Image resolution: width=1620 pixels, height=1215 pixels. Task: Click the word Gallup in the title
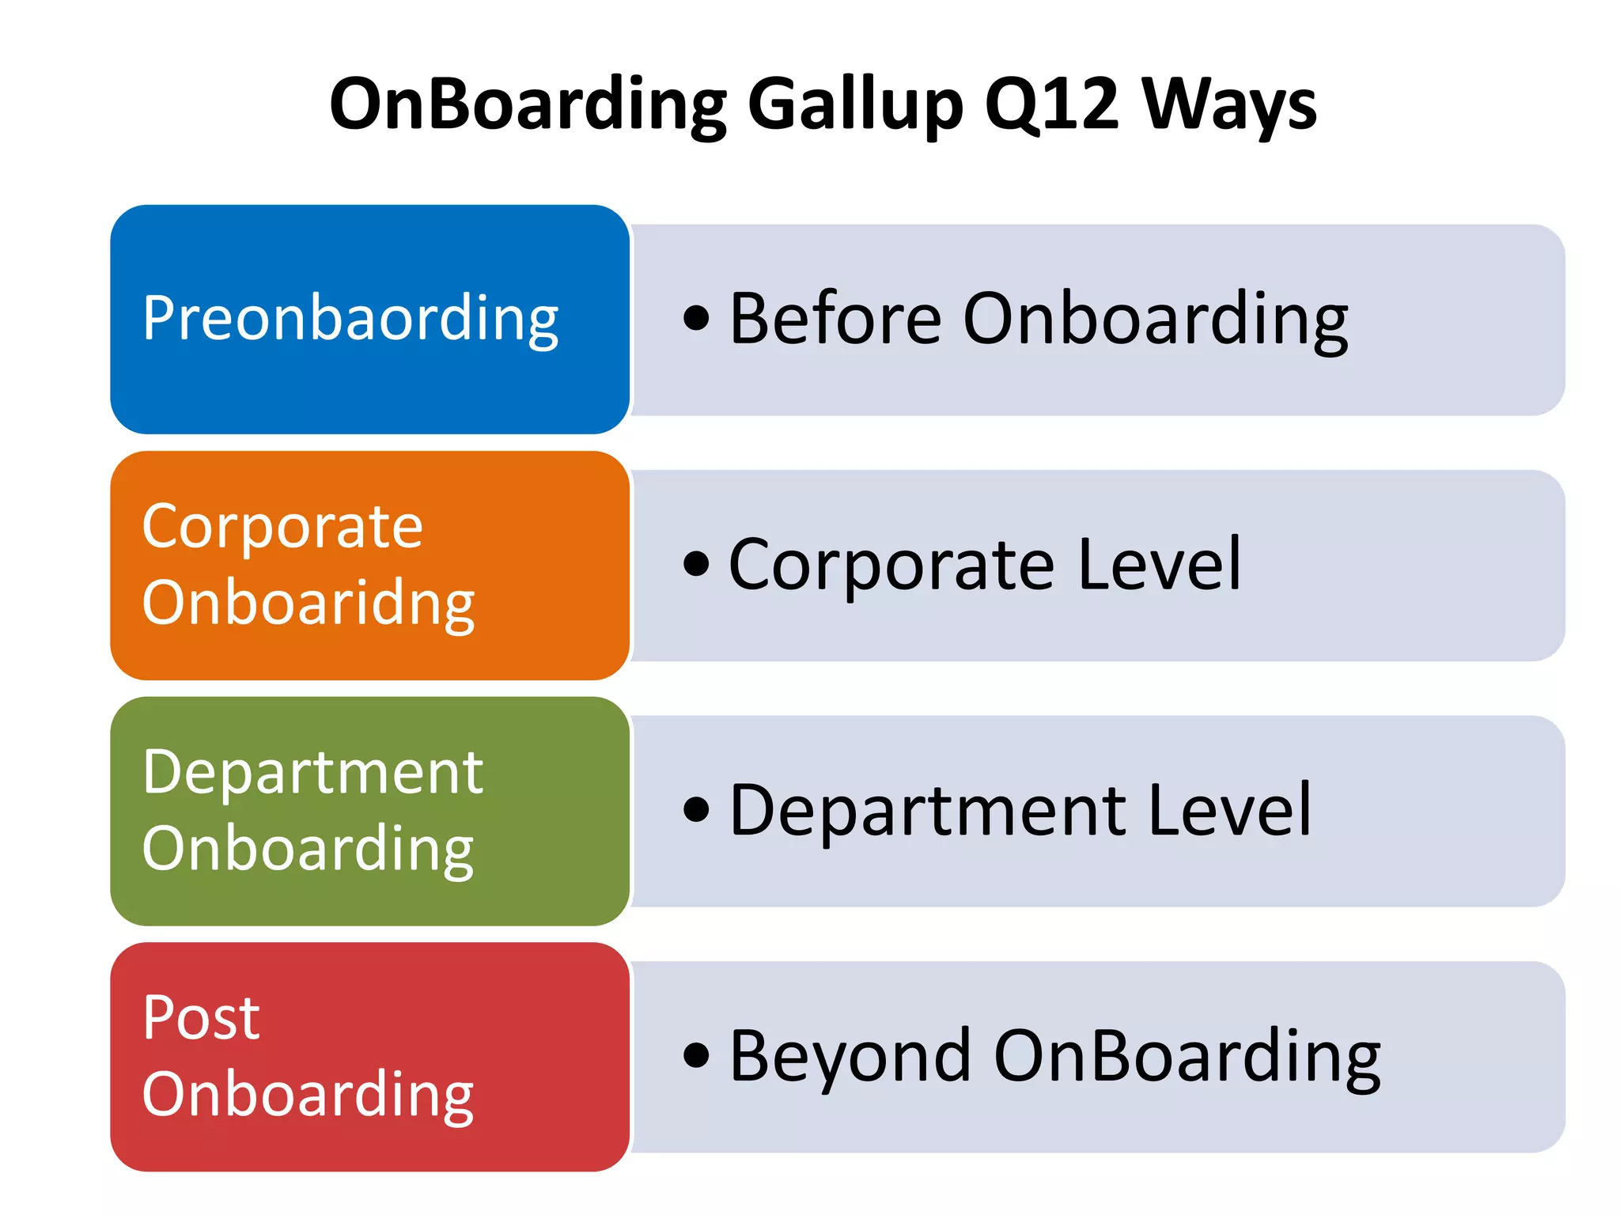tap(855, 105)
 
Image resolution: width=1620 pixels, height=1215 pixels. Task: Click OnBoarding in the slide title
tap(528, 105)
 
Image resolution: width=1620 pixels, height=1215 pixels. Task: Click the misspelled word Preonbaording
tap(350, 319)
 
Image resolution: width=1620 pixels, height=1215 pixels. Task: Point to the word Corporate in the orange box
tap(282, 528)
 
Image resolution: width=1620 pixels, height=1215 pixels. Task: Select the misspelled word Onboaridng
tap(308, 604)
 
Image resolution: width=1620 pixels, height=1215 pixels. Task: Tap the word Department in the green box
tap(312, 773)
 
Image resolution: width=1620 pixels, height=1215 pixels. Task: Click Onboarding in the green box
tap(308, 850)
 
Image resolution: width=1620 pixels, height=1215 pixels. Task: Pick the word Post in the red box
tap(201, 1018)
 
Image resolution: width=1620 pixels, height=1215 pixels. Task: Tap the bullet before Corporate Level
tap(696, 565)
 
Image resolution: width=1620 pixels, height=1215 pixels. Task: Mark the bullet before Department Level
tap(696, 810)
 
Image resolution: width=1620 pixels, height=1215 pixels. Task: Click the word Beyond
tap(850, 1057)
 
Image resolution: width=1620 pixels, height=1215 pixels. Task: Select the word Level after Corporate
tap(1160, 565)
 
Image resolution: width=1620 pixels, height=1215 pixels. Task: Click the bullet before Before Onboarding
tap(696, 319)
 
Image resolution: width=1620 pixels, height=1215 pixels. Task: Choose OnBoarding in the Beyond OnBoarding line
tap(1187, 1057)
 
